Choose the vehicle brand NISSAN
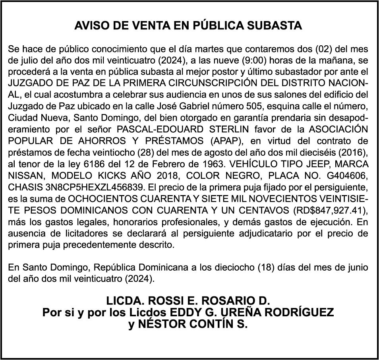pos(24,176)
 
